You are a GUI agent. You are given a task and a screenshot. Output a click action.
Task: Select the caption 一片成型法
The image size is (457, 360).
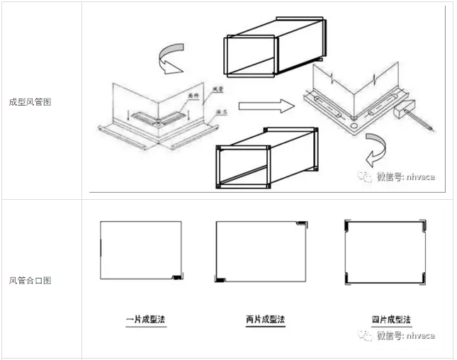tap(145, 320)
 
